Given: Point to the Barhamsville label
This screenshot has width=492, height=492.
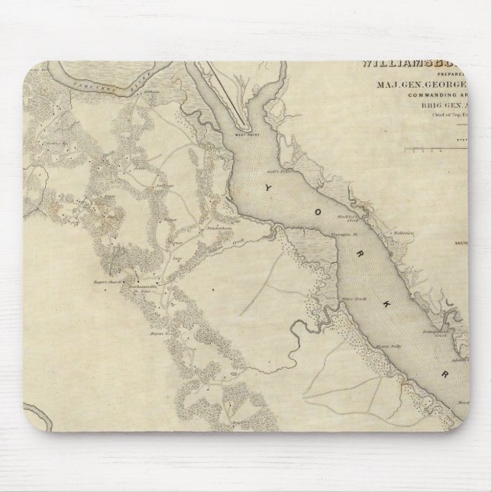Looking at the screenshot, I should pyautogui.click(x=162, y=291).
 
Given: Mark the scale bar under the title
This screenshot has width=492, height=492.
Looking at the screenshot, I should pyautogui.click(x=451, y=151).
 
